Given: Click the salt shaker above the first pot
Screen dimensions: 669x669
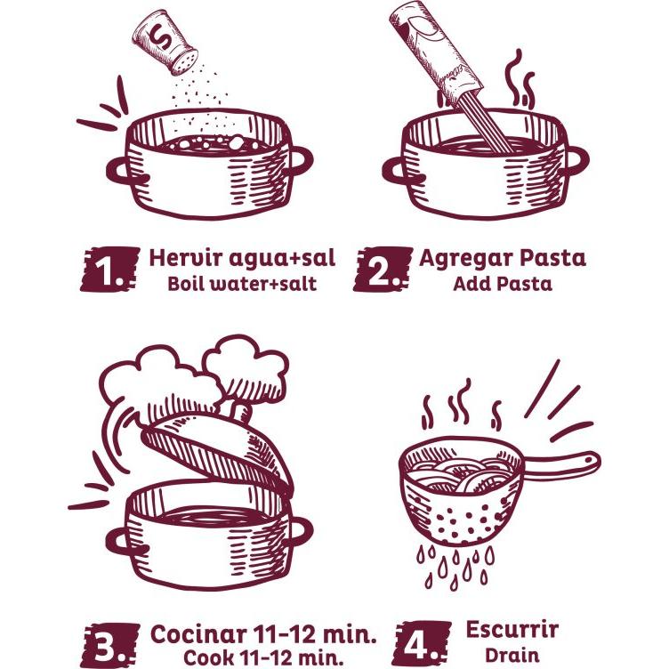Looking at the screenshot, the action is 165,43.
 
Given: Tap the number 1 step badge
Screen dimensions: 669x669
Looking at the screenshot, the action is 110,270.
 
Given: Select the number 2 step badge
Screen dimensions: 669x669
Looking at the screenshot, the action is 383,270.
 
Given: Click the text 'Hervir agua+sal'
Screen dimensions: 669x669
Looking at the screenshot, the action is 242,259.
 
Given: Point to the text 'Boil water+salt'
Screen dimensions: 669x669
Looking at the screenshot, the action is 242,284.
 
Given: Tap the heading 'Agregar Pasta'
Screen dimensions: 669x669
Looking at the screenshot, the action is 503,259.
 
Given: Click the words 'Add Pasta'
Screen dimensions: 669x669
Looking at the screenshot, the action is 503,284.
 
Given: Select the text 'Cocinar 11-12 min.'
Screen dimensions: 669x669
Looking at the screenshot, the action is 263,634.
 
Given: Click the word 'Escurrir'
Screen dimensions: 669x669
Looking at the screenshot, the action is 512,630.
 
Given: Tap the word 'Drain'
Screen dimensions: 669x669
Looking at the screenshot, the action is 512,655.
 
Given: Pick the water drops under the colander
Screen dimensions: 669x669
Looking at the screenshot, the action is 455,565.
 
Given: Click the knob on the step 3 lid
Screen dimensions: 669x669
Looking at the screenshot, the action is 240,411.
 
